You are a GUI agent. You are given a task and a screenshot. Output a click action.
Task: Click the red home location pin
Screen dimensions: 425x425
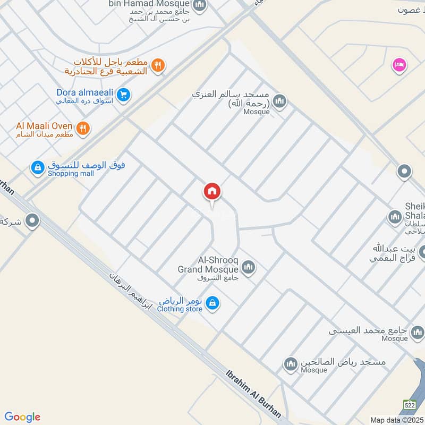click(x=212, y=192)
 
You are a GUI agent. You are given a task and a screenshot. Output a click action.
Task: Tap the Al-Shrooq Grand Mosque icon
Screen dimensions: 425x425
click(x=248, y=266)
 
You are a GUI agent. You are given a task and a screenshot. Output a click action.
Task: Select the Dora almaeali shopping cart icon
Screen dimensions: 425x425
click(x=124, y=95)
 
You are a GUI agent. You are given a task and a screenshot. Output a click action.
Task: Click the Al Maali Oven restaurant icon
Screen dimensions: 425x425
click(x=82, y=127)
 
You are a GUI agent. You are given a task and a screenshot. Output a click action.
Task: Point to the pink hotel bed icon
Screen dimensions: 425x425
click(x=398, y=65)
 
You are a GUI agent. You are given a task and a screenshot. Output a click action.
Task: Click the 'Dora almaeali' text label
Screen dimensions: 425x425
click(x=87, y=91)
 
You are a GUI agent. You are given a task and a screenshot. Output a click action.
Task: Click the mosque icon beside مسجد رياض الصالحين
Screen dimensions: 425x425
click(x=291, y=364)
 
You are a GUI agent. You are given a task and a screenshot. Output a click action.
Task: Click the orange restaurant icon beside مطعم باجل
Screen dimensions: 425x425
click(x=157, y=65)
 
